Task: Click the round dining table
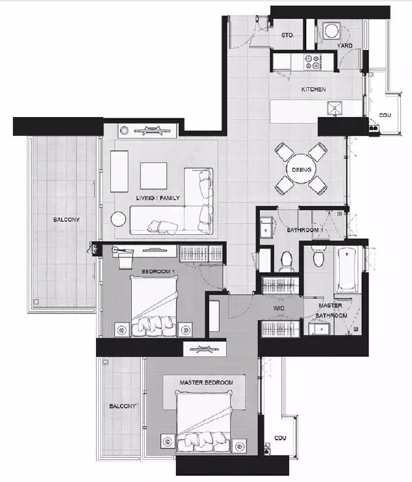pos(302,169)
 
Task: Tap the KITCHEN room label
pos(313,90)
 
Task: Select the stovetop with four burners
pos(312,62)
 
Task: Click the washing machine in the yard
pos(332,30)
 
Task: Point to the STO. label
pos(287,35)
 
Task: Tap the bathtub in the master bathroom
pos(348,269)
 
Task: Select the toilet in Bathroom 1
pos(287,261)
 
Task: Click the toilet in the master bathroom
pos(318,256)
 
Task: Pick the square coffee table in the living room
pos(154,176)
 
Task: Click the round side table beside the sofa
pos(118,219)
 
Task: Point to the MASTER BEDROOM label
pos(206,382)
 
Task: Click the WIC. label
pos(279,308)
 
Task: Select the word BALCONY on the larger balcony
pos(66,219)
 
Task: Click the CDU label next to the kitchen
pos(385,115)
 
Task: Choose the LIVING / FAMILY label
pos(158,198)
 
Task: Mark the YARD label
pos(345,46)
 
